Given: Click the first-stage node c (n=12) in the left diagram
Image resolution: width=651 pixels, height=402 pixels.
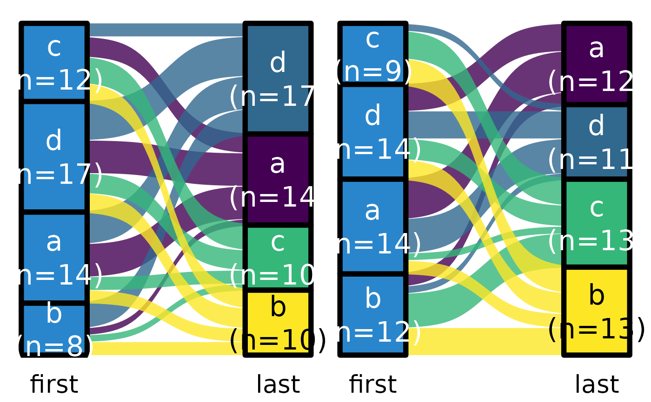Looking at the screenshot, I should click(x=54, y=62).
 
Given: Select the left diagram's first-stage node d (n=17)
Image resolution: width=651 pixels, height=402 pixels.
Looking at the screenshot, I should click(x=54, y=156).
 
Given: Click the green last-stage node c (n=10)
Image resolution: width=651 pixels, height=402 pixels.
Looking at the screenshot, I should click(x=278, y=258).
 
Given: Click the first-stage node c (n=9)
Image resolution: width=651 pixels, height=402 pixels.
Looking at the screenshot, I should click(x=373, y=54).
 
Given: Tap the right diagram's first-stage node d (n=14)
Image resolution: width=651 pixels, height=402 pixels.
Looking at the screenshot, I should click(x=373, y=132).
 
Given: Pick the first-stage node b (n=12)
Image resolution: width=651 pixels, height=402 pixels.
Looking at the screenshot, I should click(x=373, y=315).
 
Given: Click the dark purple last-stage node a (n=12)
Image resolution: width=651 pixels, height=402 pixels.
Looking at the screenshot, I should click(x=597, y=63).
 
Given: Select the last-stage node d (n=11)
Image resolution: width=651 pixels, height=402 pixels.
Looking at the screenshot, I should click(x=597, y=142).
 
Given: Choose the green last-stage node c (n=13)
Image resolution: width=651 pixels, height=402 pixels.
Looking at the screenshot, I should click(x=597, y=223).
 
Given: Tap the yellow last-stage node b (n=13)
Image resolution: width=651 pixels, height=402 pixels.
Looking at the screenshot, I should click(x=597, y=311).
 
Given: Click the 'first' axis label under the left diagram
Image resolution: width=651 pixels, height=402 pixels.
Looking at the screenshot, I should click(x=54, y=385).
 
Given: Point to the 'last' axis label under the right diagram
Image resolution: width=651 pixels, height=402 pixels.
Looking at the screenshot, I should click(x=597, y=385).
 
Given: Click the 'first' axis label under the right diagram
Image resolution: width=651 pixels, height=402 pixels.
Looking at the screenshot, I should click(x=373, y=385).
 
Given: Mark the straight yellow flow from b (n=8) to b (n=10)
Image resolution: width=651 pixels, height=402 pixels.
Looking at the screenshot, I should click(x=167, y=349).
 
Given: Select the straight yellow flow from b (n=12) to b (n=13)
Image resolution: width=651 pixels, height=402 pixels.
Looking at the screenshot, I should click(x=484, y=341).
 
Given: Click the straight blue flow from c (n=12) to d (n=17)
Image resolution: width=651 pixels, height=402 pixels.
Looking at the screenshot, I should click(x=167, y=30).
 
